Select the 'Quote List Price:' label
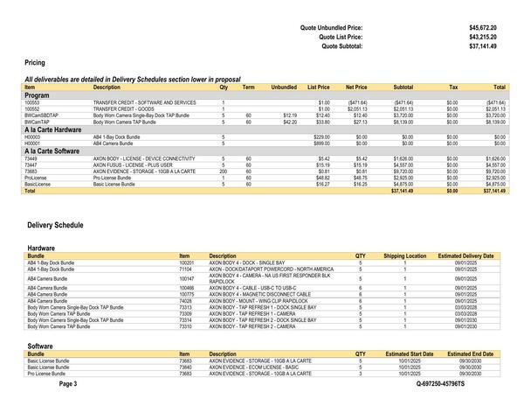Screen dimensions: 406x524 [x=341, y=37]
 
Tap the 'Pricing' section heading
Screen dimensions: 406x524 [x=35, y=63]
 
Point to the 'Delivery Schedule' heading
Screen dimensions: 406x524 [x=55, y=225]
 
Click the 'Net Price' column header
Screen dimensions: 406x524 [x=356, y=87]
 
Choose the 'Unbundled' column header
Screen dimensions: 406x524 [x=284, y=87]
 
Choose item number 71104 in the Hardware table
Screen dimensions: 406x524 [x=186, y=269]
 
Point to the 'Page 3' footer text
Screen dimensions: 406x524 [x=68, y=384]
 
